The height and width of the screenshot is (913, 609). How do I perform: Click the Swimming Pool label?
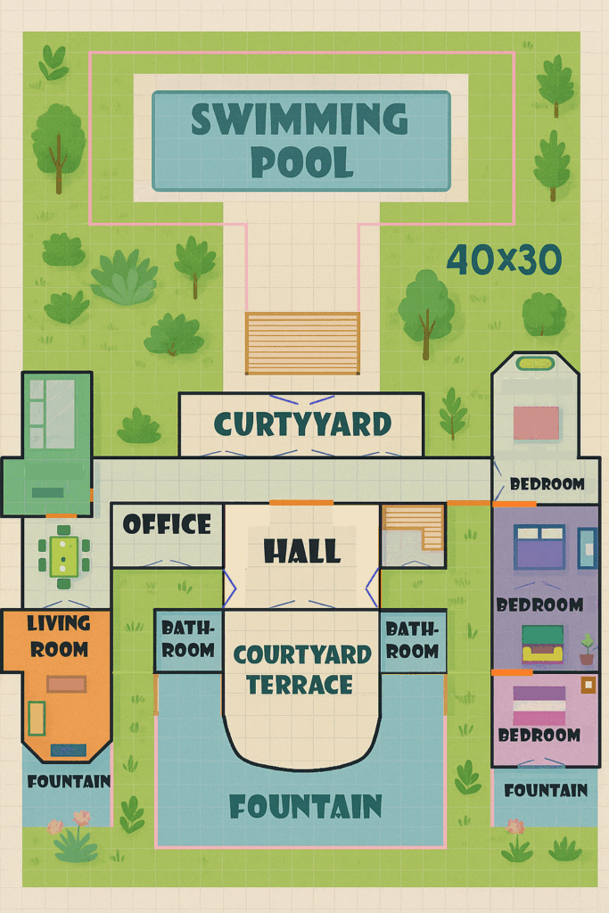point(300,140)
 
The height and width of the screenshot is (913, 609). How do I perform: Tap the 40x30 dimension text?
point(504,259)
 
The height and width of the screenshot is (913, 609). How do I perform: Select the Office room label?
point(167,524)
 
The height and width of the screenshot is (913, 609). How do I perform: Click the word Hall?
point(302,552)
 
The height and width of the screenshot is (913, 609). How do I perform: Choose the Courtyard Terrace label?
point(301,670)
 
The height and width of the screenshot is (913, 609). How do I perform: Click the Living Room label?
point(58,636)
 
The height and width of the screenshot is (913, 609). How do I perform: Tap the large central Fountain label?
point(305,806)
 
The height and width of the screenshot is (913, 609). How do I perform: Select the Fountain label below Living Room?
point(69,782)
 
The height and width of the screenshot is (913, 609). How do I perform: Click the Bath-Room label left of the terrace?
point(187,638)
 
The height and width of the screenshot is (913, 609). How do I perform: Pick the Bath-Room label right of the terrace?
point(412,638)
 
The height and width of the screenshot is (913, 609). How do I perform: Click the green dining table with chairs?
point(63,555)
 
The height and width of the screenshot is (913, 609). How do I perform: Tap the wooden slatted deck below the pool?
point(302,343)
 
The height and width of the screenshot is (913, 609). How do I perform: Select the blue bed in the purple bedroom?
point(539,547)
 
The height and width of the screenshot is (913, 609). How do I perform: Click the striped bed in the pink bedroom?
point(539,705)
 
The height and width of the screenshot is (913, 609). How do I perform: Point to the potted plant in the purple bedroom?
point(587,648)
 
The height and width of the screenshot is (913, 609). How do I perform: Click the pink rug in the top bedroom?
point(536,423)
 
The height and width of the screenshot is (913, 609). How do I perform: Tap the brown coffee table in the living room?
point(67,684)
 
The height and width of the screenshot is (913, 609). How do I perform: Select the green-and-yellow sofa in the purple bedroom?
point(542,644)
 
